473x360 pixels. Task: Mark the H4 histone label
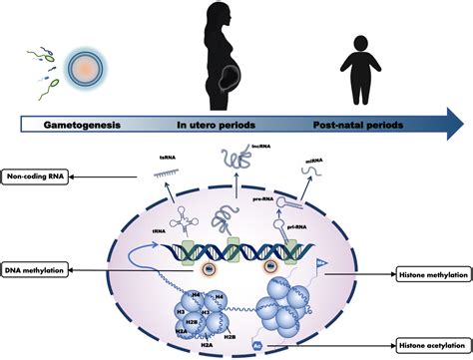point(196,293)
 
